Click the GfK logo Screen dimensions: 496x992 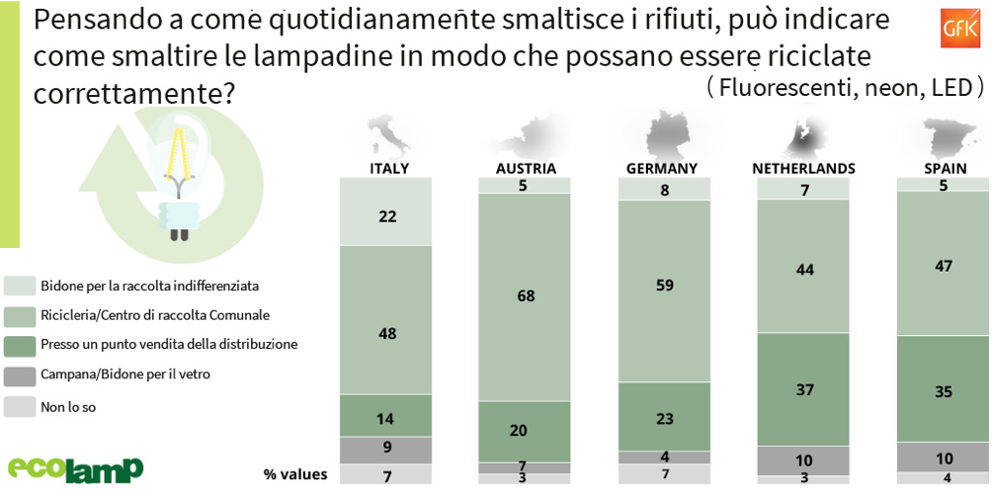click(x=957, y=23)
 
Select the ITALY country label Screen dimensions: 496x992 click(x=388, y=168)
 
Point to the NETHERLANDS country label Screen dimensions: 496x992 click(x=803, y=168)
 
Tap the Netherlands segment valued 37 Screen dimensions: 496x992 click(x=803, y=389)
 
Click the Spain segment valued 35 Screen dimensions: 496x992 click(x=944, y=390)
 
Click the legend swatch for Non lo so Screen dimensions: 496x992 click(x=19, y=406)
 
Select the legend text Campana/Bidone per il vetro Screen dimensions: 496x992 click(x=124, y=374)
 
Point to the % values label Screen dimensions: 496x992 click(x=294, y=475)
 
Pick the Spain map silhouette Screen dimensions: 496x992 click(x=942, y=133)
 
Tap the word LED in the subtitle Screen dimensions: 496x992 click(x=956, y=88)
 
